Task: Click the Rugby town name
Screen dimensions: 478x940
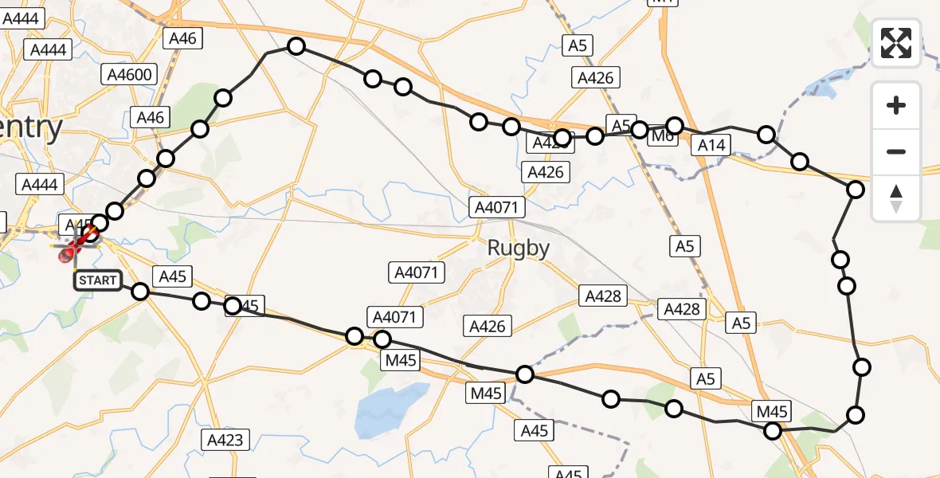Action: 519,248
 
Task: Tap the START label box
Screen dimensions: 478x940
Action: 98,280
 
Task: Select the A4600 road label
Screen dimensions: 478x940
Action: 131,75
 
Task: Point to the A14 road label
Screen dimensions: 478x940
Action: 711,144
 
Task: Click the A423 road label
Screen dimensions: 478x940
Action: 227,439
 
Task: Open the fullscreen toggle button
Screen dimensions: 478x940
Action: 896,43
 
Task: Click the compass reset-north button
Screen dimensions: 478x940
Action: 896,198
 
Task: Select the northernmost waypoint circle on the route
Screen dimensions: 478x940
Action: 296,47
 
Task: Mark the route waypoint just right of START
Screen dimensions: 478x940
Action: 140,292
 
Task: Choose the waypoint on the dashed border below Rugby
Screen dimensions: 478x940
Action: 525,374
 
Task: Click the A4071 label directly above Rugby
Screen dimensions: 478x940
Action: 496,208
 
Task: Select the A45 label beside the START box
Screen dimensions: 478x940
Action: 172,276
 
